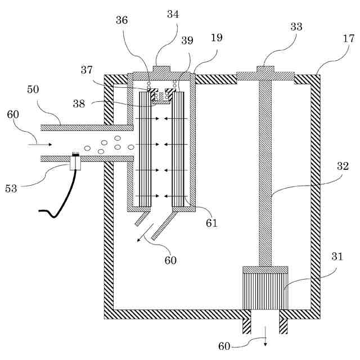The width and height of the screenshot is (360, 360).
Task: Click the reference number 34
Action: (x=173, y=14)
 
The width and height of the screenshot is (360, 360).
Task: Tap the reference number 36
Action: (x=121, y=20)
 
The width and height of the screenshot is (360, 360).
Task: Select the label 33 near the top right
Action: (x=296, y=26)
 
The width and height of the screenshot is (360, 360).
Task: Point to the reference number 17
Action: (x=349, y=38)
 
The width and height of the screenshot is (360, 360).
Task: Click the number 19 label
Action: (x=217, y=38)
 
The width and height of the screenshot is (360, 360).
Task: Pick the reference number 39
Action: (x=187, y=40)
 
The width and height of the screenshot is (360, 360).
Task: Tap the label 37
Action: (x=87, y=70)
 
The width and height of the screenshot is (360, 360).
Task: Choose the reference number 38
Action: (x=79, y=103)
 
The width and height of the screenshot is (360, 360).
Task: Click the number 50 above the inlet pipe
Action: (x=33, y=89)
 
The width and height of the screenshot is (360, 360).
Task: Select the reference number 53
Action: (x=11, y=189)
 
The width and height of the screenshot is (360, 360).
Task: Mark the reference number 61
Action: (x=211, y=223)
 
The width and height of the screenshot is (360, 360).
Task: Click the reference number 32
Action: (x=343, y=166)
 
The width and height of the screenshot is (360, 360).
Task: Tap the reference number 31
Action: (x=337, y=256)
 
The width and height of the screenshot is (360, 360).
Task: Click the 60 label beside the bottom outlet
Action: (x=224, y=346)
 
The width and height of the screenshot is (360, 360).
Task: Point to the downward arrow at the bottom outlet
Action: (x=265, y=336)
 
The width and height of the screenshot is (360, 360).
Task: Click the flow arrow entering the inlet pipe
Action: (x=40, y=145)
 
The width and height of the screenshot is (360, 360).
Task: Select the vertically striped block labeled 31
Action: (x=265, y=291)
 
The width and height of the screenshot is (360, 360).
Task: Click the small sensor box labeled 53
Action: (x=75, y=163)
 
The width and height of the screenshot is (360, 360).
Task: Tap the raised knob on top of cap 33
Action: (x=265, y=69)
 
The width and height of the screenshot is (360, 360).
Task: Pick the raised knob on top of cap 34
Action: (x=161, y=69)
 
